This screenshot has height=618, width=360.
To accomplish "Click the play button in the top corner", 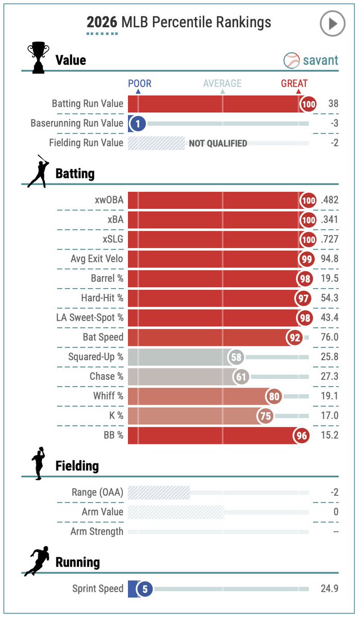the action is (332, 24).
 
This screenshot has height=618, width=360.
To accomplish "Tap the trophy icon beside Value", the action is (38, 58).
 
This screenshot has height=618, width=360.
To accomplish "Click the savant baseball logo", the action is (291, 60).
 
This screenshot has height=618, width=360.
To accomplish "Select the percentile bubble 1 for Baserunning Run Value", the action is (138, 124).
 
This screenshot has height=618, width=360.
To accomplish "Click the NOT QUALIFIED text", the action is (218, 143).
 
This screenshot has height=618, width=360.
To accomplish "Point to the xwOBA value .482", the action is (330, 200).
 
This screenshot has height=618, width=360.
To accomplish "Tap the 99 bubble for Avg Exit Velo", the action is (306, 259).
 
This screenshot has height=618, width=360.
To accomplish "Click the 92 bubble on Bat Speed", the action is (295, 338).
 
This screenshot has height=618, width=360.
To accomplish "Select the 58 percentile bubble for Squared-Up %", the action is (236, 357).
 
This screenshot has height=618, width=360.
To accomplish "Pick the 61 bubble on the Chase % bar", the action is (241, 377).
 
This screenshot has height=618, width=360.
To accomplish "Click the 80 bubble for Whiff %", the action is (274, 396).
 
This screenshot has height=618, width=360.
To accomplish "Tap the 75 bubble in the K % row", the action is (266, 416).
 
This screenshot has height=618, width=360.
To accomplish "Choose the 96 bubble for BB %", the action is (302, 436).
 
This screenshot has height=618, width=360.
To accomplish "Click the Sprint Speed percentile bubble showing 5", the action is (145, 589).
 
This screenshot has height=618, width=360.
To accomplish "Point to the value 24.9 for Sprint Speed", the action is (330, 589).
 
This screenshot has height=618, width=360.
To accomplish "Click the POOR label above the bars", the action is (140, 83).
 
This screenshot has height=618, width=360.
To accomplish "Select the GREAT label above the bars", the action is (294, 83).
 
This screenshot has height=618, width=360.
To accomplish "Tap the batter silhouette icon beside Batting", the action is (38, 171).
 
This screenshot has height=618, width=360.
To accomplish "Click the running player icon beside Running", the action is (37, 561).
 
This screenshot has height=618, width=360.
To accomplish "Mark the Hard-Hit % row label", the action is (102, 298).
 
